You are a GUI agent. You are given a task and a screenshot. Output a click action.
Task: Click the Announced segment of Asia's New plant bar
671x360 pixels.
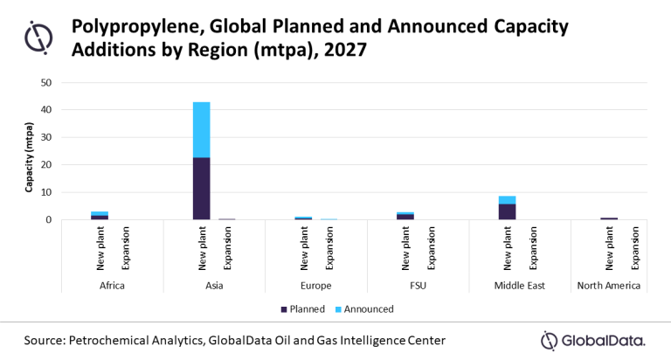click(x=201, y=129)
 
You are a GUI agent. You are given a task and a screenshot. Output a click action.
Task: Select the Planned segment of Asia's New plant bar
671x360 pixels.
click(x=201, y=188)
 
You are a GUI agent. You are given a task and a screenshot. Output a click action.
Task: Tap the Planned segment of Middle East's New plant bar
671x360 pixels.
click(x=507, y=211)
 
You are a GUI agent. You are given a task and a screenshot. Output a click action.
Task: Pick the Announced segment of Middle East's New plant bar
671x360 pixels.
click(x=507, y=199)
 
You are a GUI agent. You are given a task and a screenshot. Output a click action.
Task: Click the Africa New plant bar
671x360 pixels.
click(x=100, y=215)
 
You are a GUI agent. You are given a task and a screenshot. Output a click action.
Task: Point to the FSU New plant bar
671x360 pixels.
click(x=405, y=215)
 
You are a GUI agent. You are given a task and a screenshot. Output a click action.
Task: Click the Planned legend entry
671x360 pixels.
click(x=302, y=308)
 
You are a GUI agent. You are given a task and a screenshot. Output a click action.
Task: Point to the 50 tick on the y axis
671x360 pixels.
click(x=46, y=83)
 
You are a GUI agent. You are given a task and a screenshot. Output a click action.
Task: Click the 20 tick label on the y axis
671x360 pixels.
click(x=46, y=165)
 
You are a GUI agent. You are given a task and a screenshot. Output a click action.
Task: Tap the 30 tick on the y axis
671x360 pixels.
click(x=46, y=138)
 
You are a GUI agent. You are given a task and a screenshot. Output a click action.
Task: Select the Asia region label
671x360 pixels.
click(x=214, y=285)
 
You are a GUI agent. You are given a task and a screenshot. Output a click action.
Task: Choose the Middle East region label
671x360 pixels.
click(x=520, y=285)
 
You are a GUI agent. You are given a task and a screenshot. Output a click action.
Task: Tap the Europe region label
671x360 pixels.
click(x=316, y=285)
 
